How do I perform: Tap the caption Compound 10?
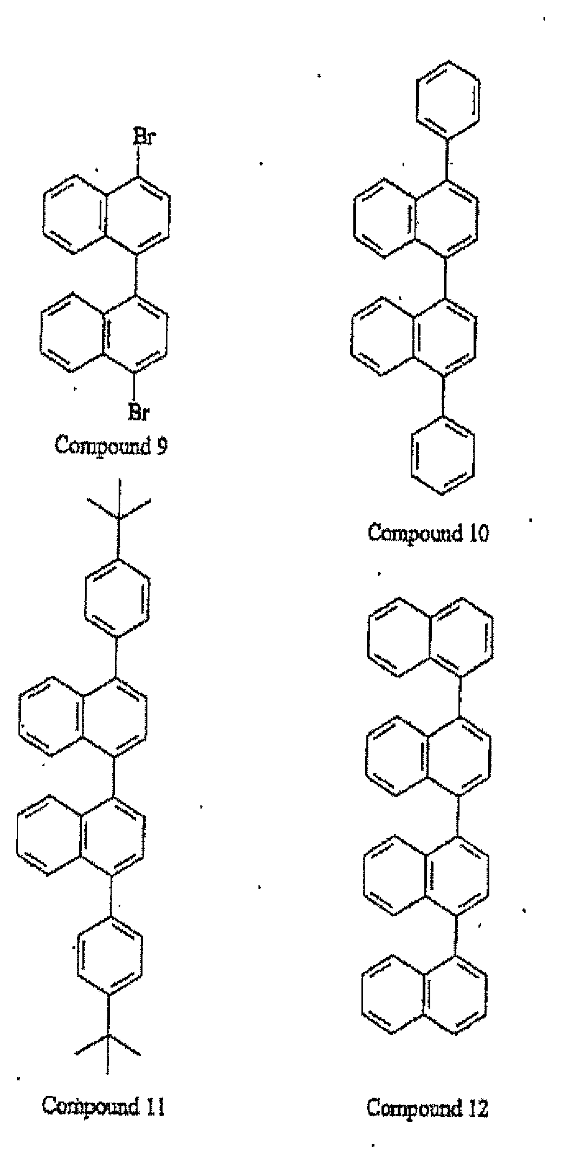coord(428,533)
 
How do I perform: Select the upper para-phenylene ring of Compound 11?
coord(117,597)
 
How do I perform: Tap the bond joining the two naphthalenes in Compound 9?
coord(135,274)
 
